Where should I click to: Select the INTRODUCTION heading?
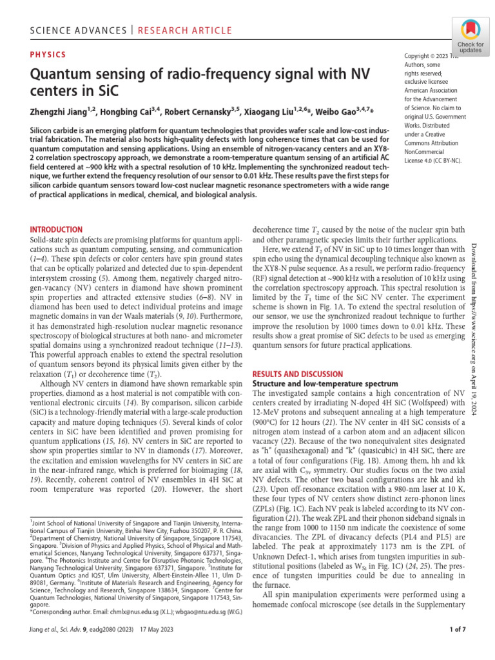click(x=57, y=229)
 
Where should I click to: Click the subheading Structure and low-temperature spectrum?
click(x=316, y=383)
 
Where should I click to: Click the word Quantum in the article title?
click(x=60, y=75)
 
